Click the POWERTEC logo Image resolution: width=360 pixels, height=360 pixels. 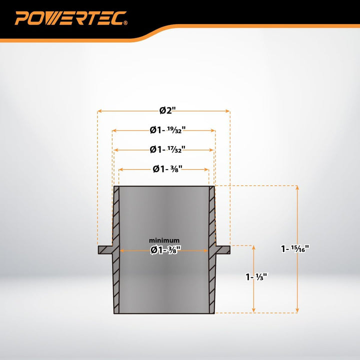coord(71,18)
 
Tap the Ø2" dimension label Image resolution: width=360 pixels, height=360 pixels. coord(167,110)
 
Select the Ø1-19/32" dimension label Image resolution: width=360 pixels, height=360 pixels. coord(167,130)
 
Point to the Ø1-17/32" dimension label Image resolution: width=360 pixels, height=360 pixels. coord(167,149)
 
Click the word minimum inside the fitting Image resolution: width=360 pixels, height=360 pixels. coord(164,240)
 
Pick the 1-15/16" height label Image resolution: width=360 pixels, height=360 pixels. coord(295,248)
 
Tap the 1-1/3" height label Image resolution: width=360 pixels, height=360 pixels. coord(256,277)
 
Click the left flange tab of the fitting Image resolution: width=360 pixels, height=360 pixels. coord(105,250)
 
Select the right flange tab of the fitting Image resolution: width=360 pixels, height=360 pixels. coord(222,250)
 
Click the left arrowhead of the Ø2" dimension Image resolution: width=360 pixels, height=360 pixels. coord(99,111)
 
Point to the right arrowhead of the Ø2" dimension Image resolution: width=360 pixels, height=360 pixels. coord(228,111)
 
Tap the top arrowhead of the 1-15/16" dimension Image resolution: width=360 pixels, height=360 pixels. coord(297,188)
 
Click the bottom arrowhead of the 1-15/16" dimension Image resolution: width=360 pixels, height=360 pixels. coord(297,310)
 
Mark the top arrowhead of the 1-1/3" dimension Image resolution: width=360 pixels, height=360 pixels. coord(253,247)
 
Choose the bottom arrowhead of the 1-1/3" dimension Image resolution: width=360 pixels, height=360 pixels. coord(253,310)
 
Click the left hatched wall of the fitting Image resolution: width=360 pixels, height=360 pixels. coord(116,250)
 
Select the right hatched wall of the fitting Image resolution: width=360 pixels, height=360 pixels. coord(212,250)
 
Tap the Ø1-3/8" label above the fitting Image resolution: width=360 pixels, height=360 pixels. coord(167,169)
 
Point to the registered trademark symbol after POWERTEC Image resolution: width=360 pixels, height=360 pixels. coord(125,22)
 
